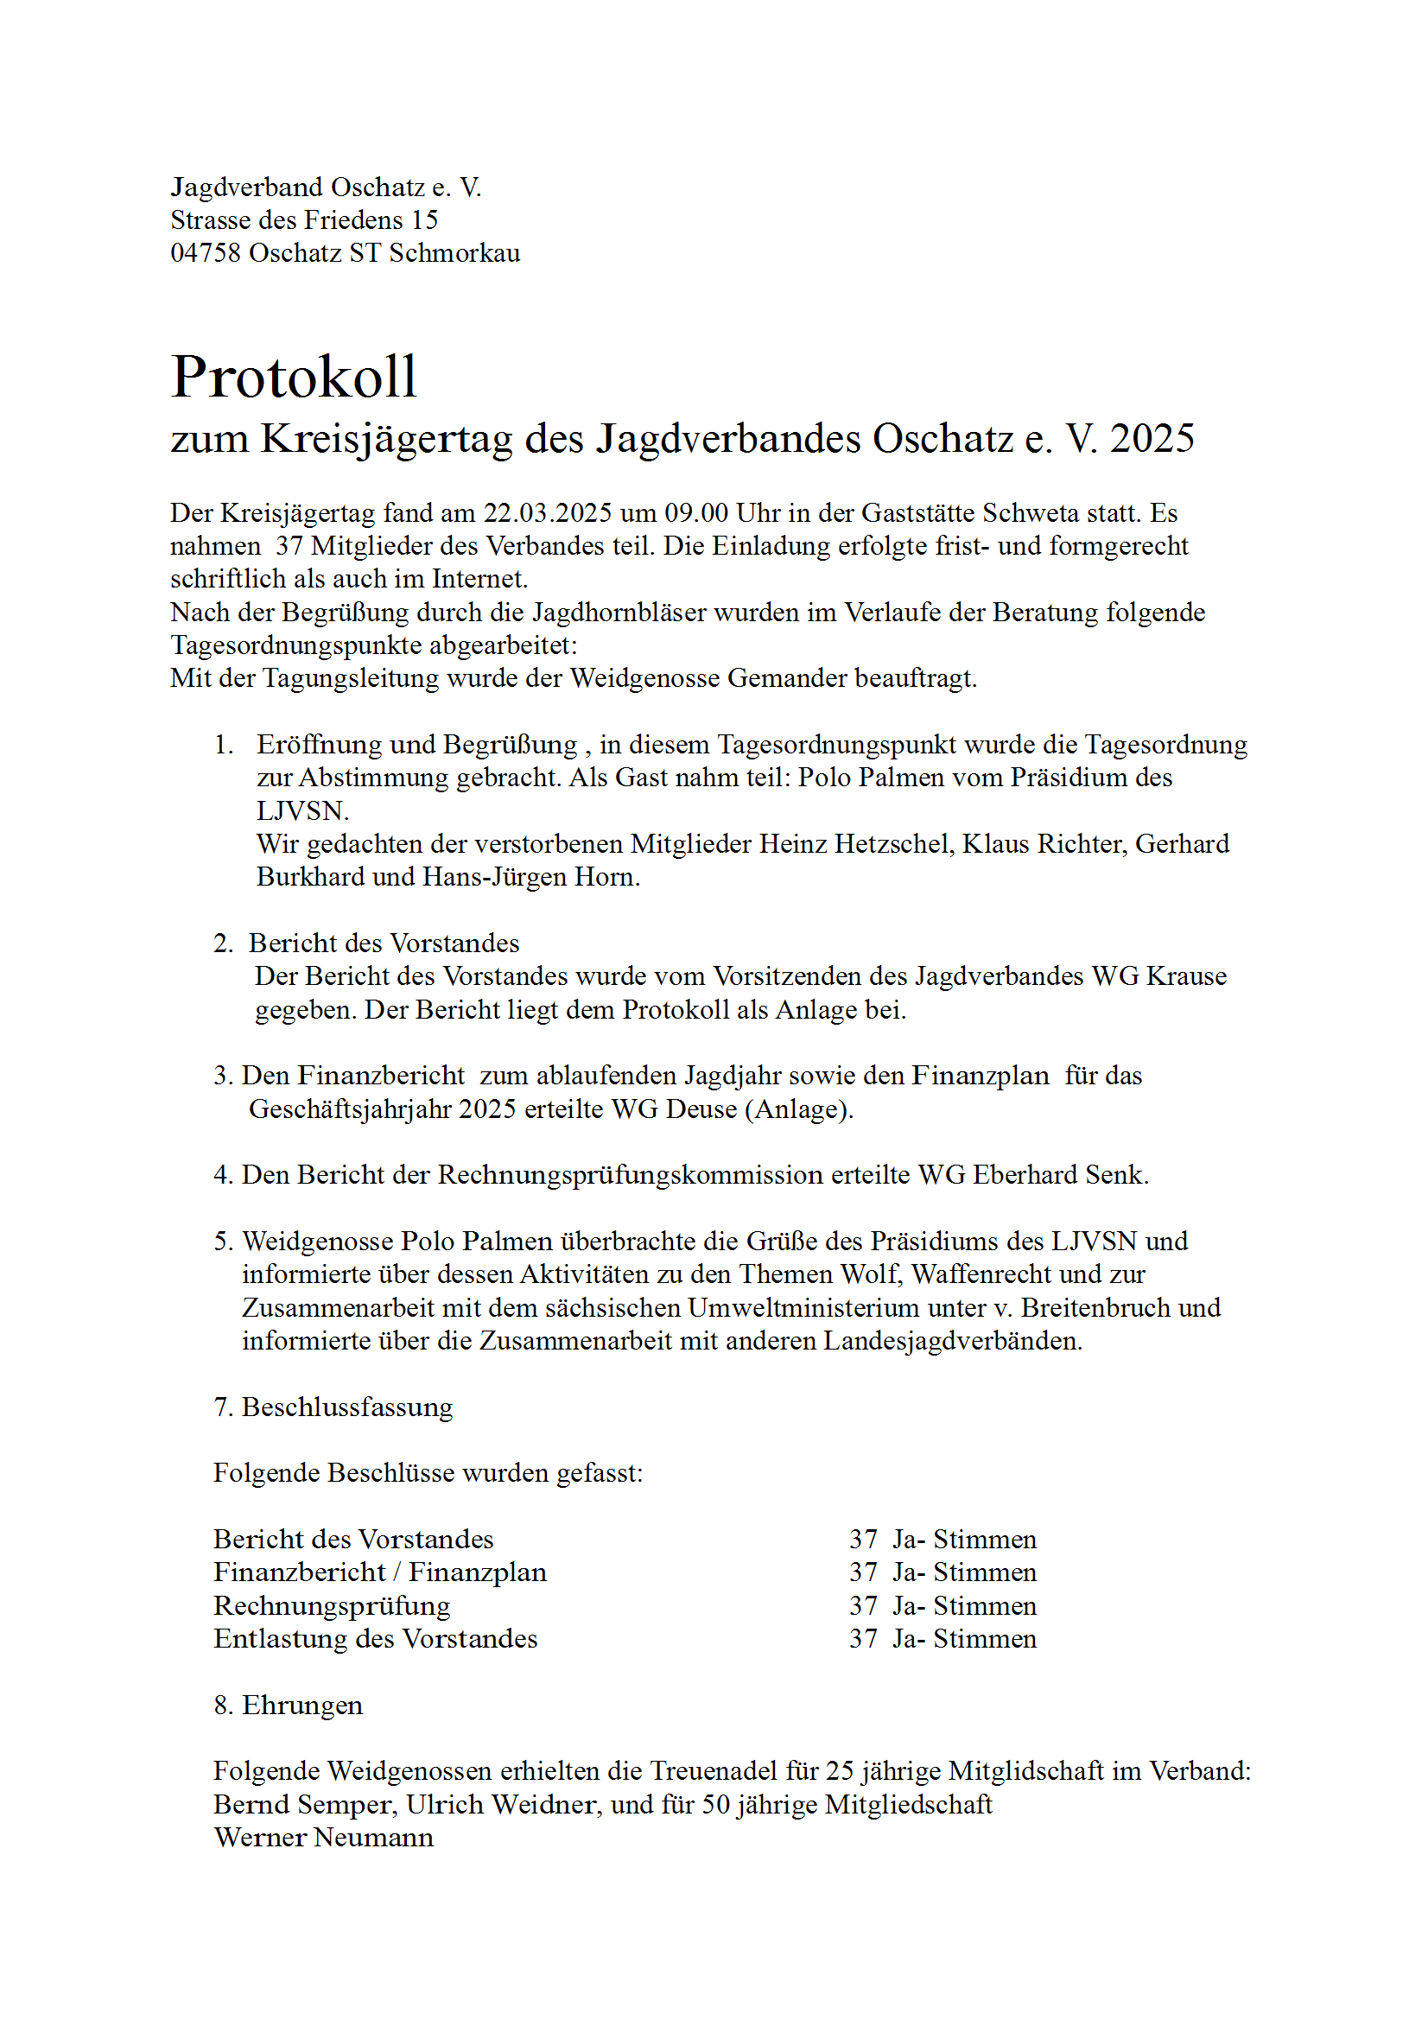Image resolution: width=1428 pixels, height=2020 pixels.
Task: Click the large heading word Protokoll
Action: [294, 377]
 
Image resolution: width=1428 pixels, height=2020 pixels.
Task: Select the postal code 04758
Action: [205, 253]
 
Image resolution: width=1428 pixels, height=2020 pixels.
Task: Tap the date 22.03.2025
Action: [547, 513]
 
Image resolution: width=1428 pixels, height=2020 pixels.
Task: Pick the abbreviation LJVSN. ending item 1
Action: [302, 810]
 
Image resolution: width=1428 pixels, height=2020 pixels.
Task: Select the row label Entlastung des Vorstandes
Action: [375, 1639]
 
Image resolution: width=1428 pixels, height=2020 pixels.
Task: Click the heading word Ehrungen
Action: [301, 1705]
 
